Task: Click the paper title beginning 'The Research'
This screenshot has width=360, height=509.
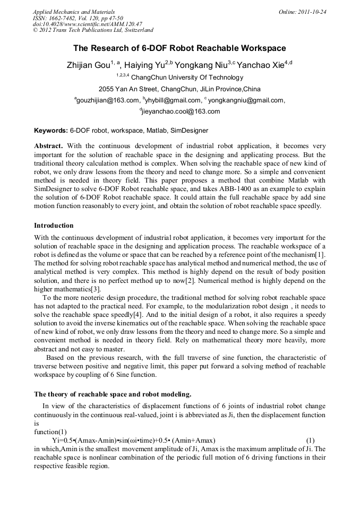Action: (x=179, y=48)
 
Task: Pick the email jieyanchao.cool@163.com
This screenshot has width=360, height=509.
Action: (x=181, y=111)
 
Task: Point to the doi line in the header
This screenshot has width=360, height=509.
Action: (x=87, y=24)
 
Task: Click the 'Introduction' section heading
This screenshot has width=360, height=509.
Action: (x=54, y=226)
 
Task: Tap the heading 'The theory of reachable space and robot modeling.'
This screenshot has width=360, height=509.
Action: (x=113, y=394)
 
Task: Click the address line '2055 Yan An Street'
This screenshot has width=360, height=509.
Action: (x=179, y=88)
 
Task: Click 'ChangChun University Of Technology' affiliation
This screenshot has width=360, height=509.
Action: (x=183, y=77)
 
